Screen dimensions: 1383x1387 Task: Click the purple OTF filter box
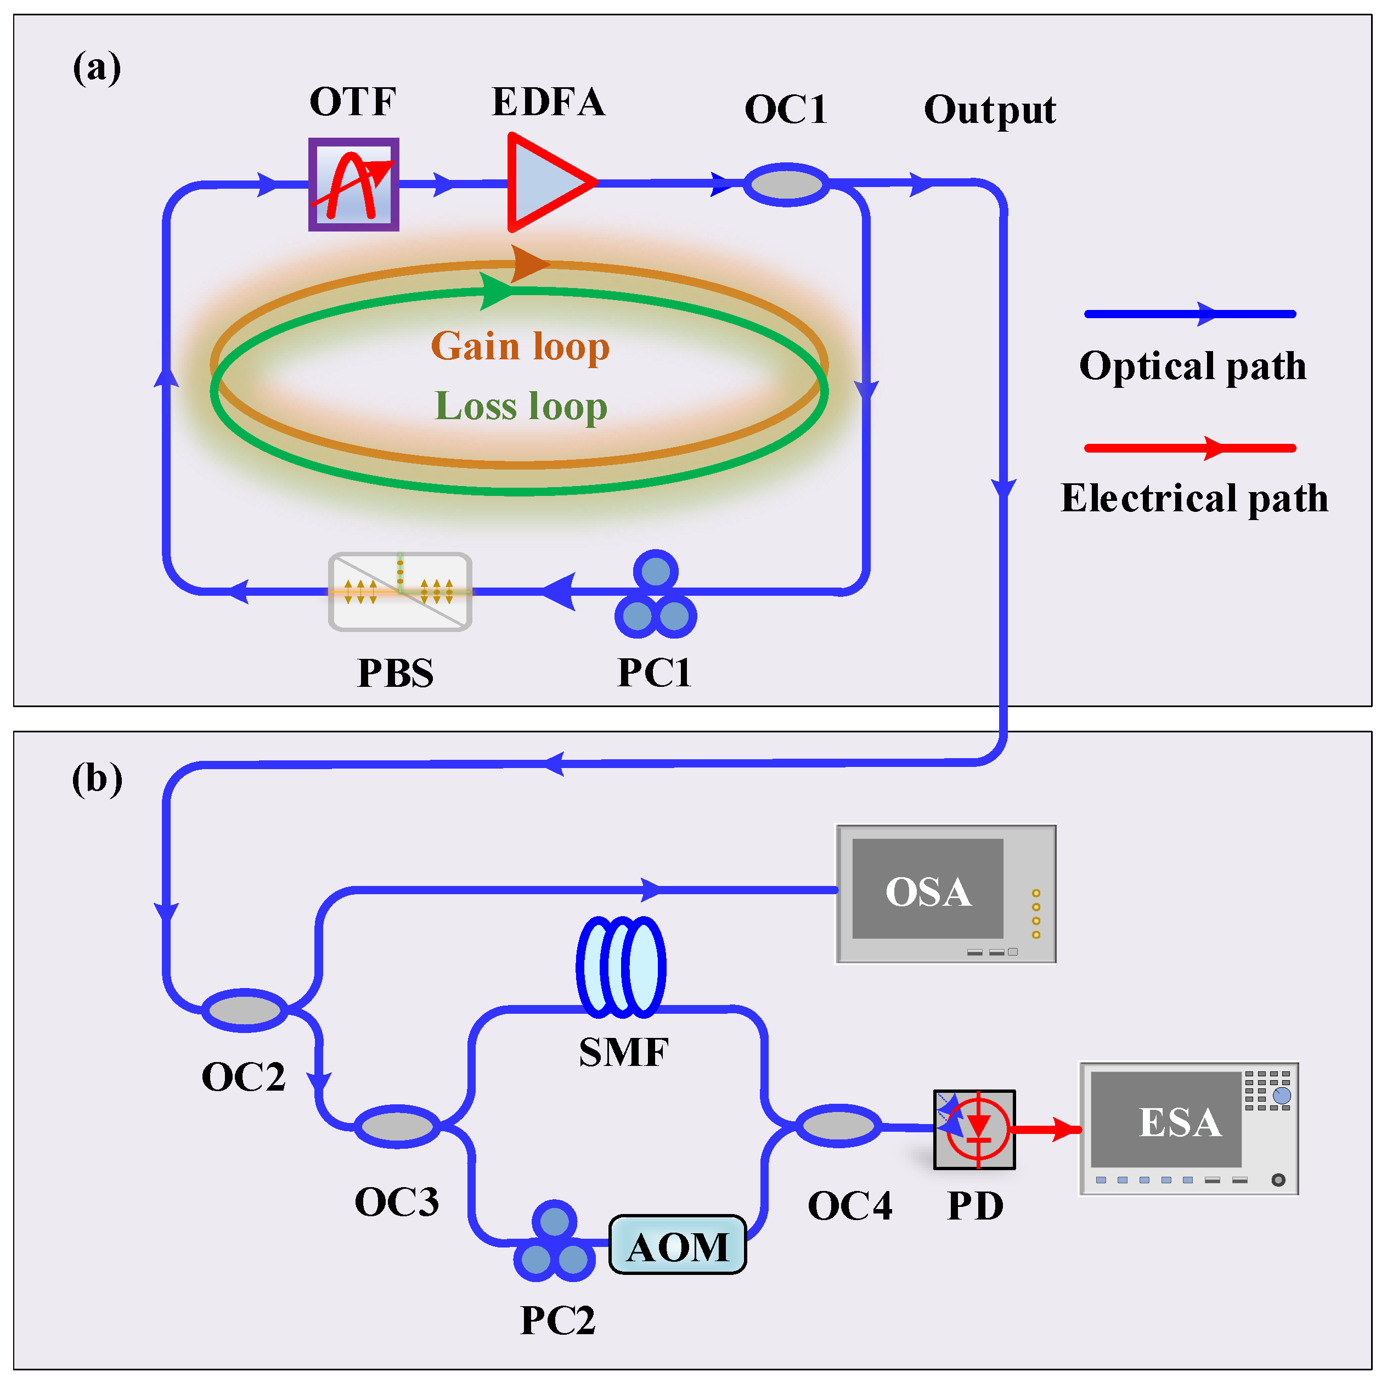click(x=353, y=184)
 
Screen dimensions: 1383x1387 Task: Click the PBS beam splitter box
click(x=400, y=591)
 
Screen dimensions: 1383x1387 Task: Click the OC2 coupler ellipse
click(x=244, y=1010)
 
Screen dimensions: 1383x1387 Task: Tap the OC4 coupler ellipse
click(x=837, y=1125)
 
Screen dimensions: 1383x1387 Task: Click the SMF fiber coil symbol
click(x=621, y=967)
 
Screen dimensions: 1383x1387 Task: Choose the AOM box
click(x=677, y=1246)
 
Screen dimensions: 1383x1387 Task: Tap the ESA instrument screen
click(x=1165, y=1120)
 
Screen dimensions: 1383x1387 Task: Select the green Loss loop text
click(x=521, y=406)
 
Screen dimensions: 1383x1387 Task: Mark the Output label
click(x=989, y=110)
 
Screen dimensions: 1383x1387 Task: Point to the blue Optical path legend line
click(x=1189, y=314)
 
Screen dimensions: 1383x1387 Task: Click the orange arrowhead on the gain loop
click(x=529, y=263)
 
